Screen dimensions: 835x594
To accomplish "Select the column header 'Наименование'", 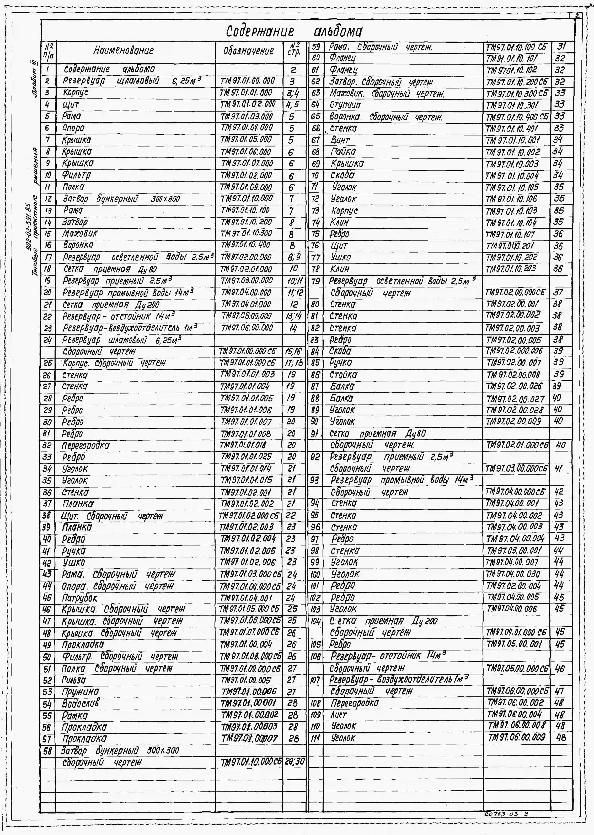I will pos(124,50).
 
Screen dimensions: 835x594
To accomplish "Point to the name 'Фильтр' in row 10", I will pos(76,175).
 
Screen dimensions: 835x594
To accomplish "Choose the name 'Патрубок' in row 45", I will pos(79,598).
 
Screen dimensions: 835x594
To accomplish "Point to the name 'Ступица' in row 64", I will pos(345,105).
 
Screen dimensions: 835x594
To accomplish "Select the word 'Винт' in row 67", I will pos(340,140).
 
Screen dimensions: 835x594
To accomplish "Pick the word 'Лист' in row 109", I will pos(338,715).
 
